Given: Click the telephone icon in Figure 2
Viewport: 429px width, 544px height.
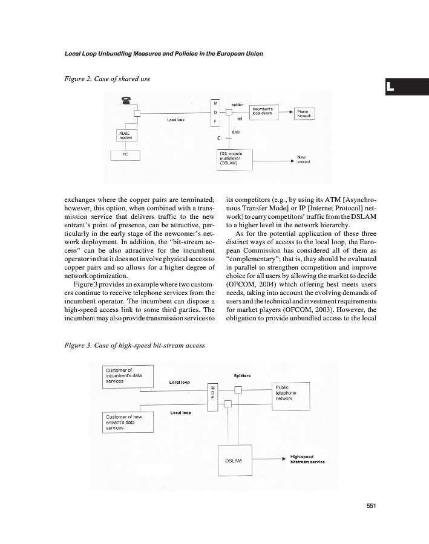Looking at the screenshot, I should [126, 101].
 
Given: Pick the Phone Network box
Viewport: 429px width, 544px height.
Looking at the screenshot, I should [304, 113].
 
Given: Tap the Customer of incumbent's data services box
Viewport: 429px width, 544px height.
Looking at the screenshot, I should [129, 375].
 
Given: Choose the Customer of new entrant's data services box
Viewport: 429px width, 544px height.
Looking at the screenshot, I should [129, 422].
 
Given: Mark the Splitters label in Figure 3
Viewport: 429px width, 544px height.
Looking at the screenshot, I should [242, 375].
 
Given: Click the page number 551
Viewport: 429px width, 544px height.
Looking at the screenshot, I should [372, 507].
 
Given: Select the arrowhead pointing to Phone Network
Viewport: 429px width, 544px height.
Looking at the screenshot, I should [289, 112].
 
